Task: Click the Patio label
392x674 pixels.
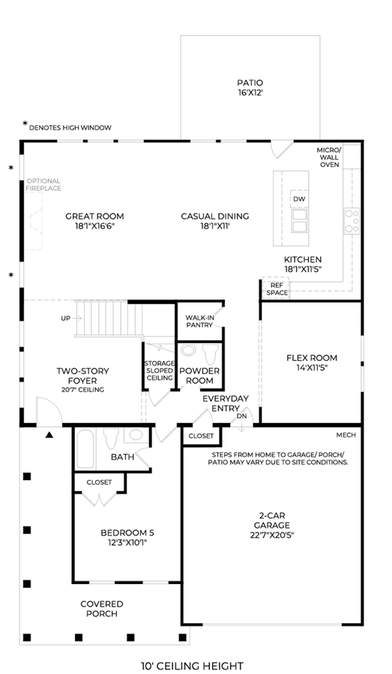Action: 250,82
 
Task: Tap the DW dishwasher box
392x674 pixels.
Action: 300,199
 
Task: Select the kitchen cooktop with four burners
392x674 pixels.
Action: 352,220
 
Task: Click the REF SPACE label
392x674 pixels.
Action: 277,289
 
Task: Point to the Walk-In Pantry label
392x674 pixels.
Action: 199,321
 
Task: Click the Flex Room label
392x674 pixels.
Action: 312,358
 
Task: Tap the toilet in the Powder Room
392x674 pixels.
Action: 211,354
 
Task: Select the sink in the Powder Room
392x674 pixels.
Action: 188,350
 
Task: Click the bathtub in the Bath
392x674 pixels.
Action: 85,449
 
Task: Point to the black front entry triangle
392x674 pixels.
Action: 49,435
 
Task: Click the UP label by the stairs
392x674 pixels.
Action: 65,318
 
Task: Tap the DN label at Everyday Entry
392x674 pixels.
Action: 241,416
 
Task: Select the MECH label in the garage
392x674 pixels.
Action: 346,435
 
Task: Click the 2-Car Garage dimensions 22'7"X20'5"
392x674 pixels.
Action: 271,535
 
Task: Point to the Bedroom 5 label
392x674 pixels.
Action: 127,533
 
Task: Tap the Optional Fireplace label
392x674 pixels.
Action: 43,184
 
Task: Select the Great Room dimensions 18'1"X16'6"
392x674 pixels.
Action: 94,225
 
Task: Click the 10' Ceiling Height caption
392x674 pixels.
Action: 192,666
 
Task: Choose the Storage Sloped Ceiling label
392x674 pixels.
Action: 160,371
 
